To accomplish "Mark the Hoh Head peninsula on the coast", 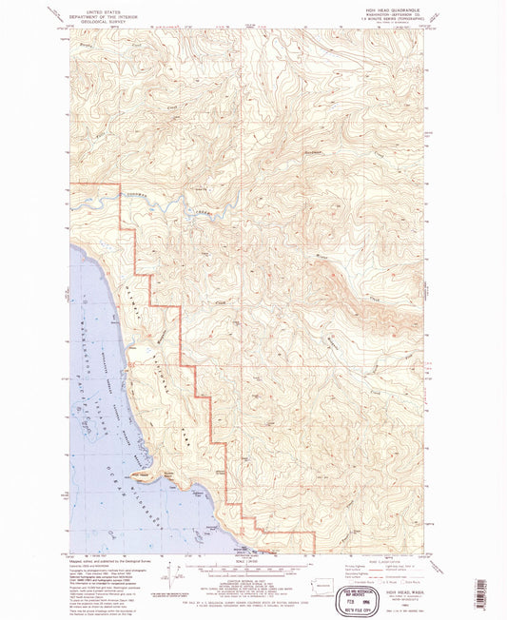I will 143,472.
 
